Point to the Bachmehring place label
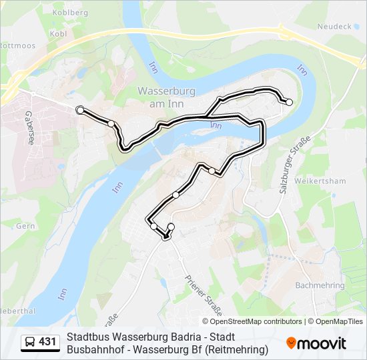click(x=320, y=285)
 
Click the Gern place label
click(x=25, y=226)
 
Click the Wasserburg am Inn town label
click(x=166, y=97)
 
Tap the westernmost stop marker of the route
click(x=80, y=109)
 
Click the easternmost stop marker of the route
click(x=289, y=102)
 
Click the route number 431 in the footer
click(x=48, y=343)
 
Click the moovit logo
click(x=316, y=343)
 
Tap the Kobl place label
click(x=58, y=33)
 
